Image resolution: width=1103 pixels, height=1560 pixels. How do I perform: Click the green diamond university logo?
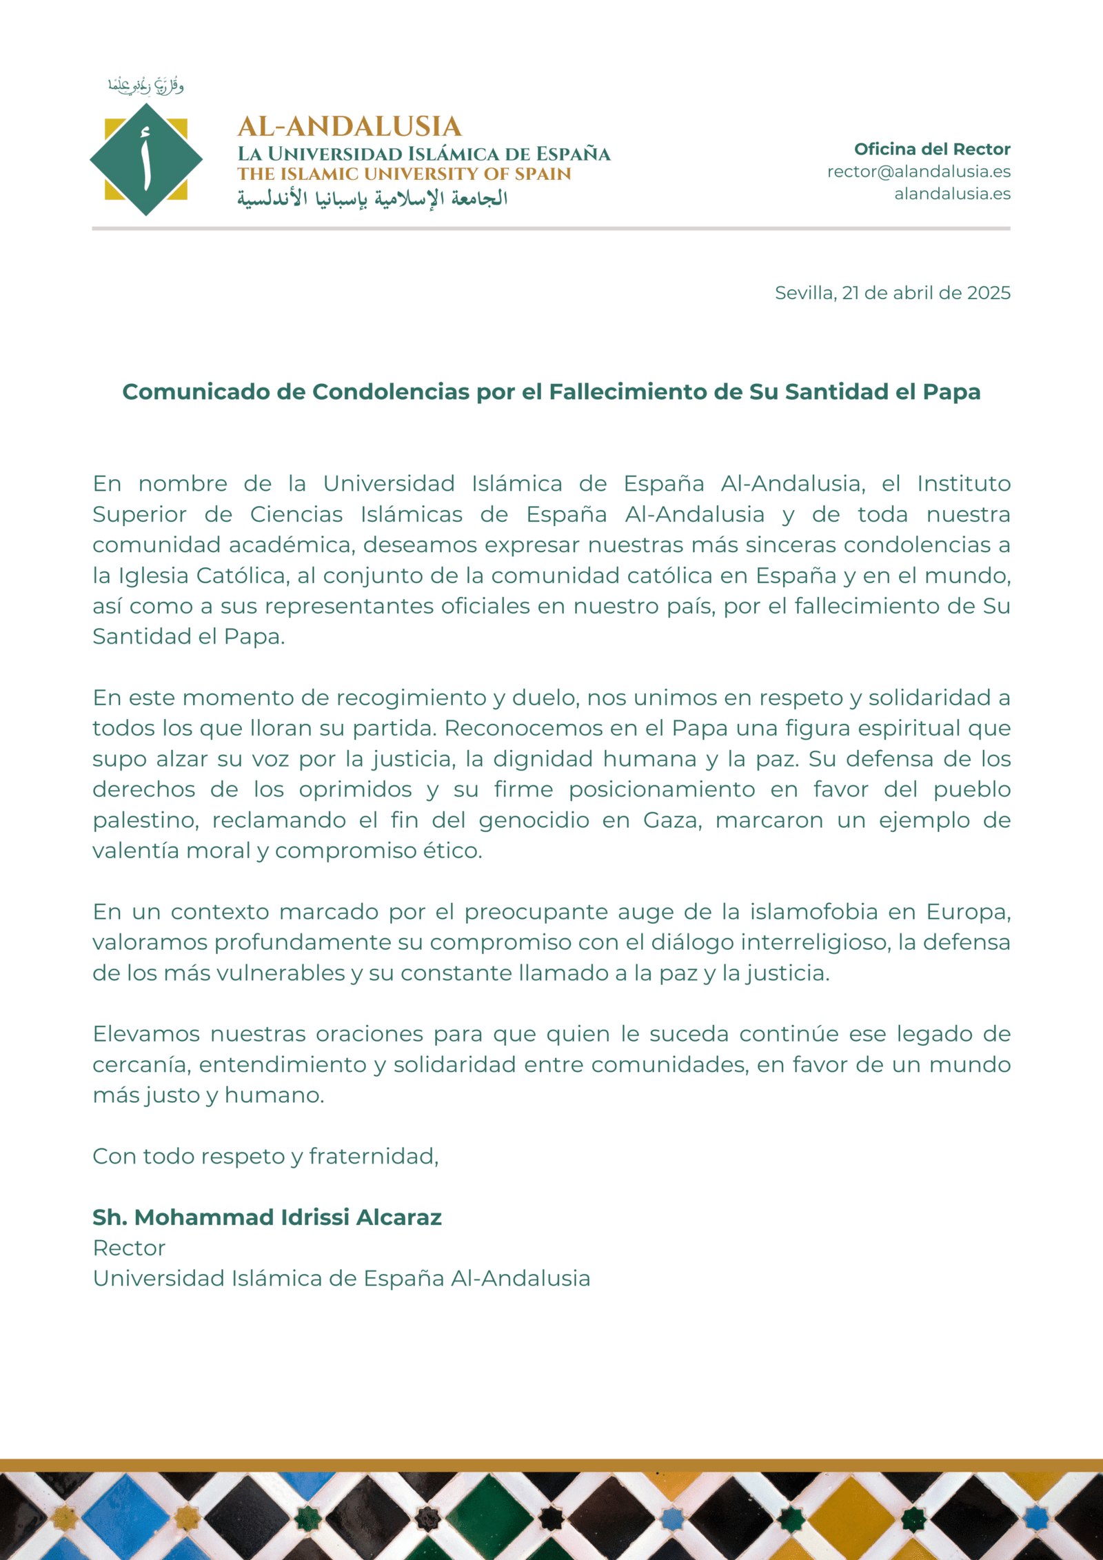[x=146, y=159]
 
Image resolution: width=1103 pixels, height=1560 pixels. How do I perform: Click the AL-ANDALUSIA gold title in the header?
[x=350, y=126]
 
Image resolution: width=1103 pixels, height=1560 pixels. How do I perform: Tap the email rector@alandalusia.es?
[x=918, y=172]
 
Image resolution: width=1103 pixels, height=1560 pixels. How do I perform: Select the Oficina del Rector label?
[x=932, y=149]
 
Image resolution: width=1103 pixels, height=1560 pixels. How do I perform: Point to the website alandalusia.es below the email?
[x=952, y=194]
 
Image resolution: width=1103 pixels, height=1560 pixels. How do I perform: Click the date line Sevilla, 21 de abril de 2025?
[x=892, y=293]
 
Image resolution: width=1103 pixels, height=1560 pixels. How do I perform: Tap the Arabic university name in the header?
[x=372, y=199]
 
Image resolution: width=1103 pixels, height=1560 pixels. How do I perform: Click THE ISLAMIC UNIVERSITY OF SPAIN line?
[x=404, y=174]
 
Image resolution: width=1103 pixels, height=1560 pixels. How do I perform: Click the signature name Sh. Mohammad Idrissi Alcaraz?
[x=267, y=1217]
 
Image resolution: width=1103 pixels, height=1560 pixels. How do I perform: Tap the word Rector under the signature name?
[x=129, y=1248]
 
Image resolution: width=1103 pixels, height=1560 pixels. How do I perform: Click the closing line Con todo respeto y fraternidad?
[x=265, y=1156]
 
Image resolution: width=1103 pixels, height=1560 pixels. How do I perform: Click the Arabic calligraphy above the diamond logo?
[x=145, y=85]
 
